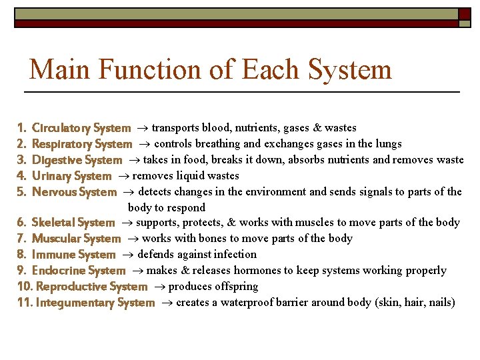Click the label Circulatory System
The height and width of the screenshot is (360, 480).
(81, 128)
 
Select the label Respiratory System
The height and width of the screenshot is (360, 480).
(82, 144)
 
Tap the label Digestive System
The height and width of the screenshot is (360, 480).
(77, 160)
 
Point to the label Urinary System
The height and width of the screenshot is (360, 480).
(71, 176)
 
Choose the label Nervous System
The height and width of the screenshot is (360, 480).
(74, 192)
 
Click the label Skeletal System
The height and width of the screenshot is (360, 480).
(73, 223)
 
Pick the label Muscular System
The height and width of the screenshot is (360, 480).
(76, 239)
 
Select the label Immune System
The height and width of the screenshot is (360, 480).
(73, 255)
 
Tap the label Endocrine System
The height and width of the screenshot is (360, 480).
(79, 271)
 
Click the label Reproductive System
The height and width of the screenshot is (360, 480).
(91, 287)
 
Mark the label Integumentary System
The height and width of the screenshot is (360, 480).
(95, 303)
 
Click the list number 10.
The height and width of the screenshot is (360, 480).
(24, 287)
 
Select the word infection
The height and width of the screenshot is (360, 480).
(235, 255)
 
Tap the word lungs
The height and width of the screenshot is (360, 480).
(388, 144)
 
